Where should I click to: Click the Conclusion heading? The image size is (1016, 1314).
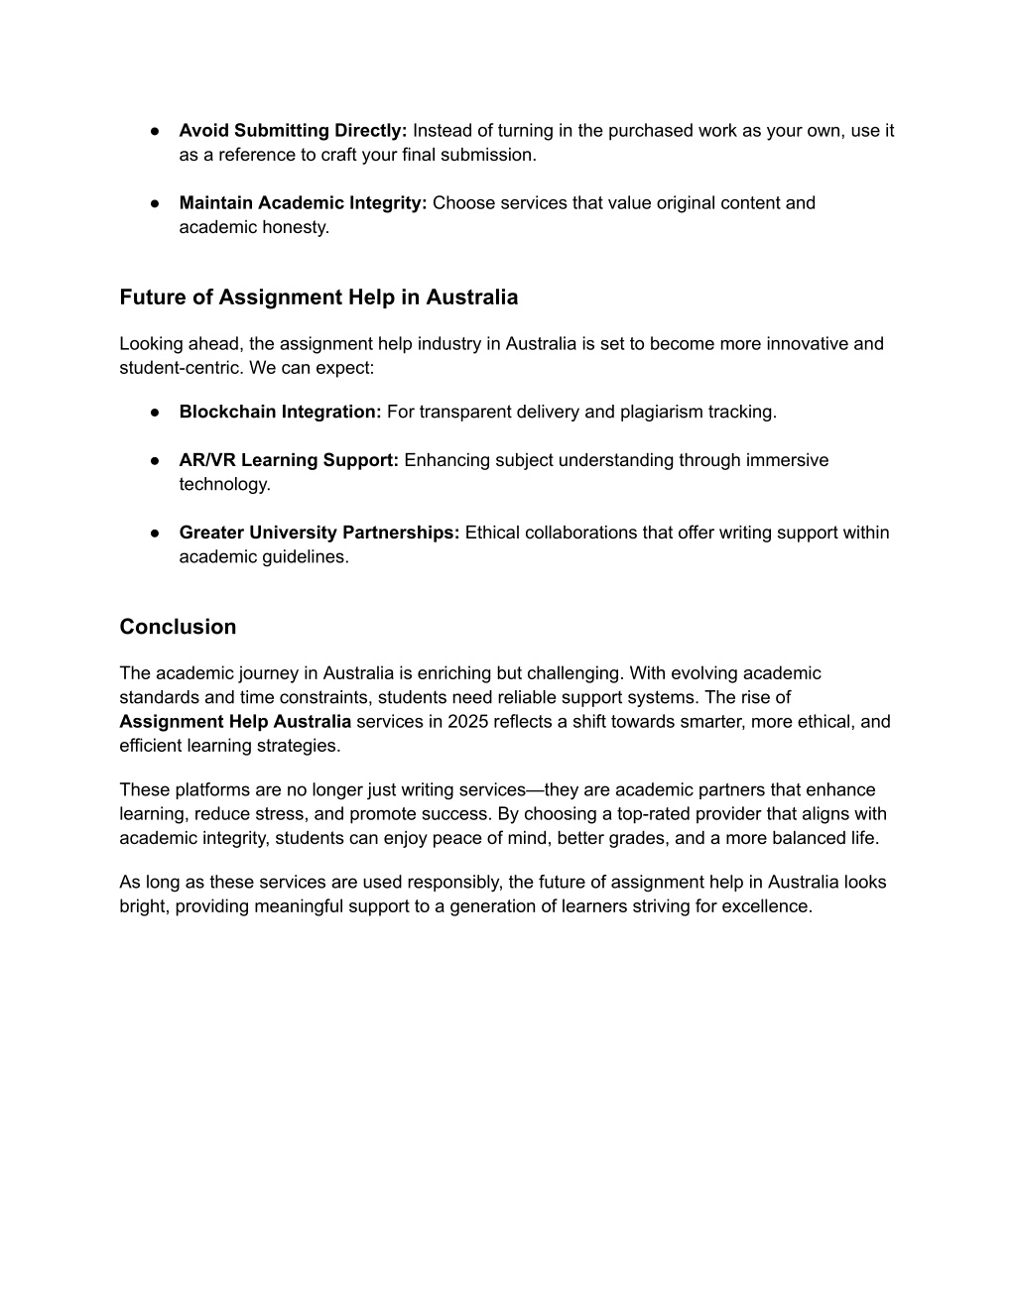click(178, 627)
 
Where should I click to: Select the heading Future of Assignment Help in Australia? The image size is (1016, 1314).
click(318, 298)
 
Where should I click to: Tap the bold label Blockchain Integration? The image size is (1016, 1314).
click(280, 412)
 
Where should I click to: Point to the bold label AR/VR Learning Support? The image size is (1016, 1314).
click(289, 460)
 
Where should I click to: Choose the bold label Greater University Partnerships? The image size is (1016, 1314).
click(319, 533)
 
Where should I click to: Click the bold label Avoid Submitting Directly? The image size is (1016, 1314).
click(293, 131)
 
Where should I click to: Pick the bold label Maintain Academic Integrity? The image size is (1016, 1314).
click(303, 203)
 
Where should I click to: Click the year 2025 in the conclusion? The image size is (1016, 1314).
click(466, 722)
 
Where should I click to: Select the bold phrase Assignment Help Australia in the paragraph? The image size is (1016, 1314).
click(235, 722)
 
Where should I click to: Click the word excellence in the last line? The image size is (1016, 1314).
click(768, 906)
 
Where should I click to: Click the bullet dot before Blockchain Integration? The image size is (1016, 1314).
click(157, 413)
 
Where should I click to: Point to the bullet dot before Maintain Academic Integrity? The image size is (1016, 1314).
click(157, 203)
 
